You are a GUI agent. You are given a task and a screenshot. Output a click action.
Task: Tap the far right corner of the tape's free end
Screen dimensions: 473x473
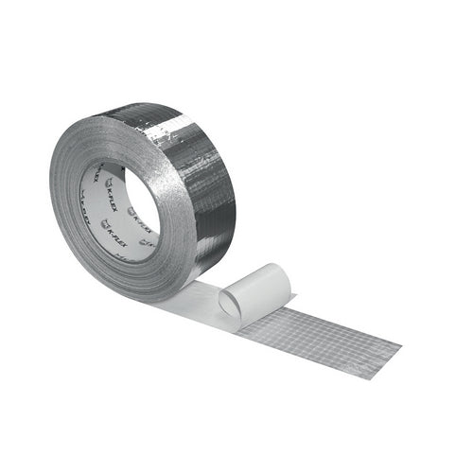point(401,337)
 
